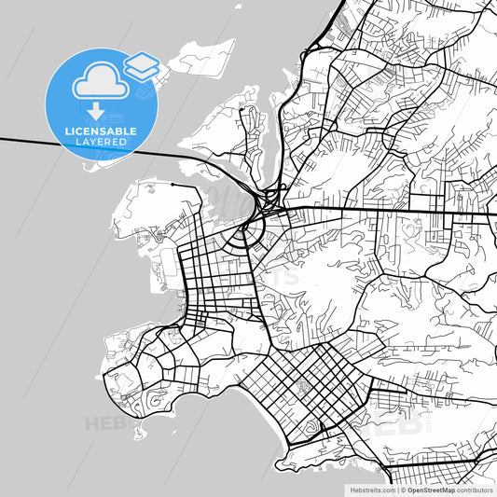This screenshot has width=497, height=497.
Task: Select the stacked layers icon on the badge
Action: tap(142, 67)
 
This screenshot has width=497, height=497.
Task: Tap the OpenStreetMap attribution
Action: tap(429, 489)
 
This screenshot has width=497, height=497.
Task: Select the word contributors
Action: tap(474, 489)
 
